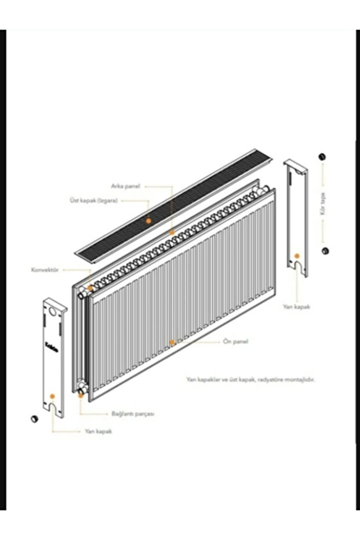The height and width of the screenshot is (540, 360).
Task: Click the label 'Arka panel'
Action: [x=125, y=186]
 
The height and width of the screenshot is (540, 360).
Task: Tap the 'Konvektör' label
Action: [x=45, y=270]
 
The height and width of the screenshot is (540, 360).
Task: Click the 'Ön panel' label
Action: [x=235, y=342]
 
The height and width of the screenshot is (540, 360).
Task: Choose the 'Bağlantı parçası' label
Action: [x=132, y=414]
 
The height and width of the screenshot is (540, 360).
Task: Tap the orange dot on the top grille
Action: [x=148, y=221]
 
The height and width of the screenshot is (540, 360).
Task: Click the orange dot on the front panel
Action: [x=172, y=342]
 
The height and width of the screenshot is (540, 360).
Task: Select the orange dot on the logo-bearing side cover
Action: [x=52, y=396]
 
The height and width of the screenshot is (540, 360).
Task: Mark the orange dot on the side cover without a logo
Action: [x=297, y=255]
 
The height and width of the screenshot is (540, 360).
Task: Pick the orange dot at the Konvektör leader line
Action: [x=90, y=288]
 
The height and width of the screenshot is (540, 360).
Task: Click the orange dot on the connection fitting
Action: [x=79, y=391]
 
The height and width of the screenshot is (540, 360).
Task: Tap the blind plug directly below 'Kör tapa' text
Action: [x=325, y=251]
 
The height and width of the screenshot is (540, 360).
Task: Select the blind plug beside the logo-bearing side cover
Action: [x=33, y=418]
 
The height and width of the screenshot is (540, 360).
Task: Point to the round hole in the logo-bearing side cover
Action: [x=53, y=311]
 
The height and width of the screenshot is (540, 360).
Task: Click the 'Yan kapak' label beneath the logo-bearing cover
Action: [x=98, y=432]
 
